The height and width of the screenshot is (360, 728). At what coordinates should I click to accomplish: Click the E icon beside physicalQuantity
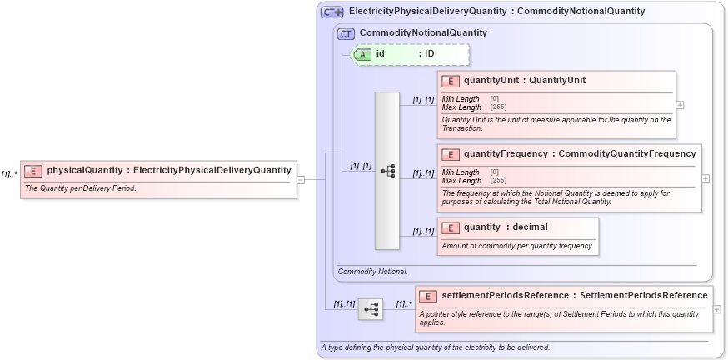[x=33, y=170]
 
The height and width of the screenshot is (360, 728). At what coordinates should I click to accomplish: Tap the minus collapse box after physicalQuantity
[x=301, y=179]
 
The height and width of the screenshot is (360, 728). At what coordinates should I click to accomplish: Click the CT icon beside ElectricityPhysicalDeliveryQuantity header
[x=332, y=12]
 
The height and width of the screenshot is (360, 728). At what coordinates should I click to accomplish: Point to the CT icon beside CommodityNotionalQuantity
[x=346, y=33]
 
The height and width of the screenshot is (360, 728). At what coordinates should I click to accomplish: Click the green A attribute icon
[x=363, y=54]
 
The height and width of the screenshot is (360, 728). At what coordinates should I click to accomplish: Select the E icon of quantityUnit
[x=450, y=81]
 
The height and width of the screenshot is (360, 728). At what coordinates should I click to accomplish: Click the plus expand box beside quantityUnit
[x=681, y=105]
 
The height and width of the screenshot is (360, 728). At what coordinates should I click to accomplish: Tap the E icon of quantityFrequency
[x=450, y=154]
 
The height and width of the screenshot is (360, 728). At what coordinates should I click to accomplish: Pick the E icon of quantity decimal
[x=450, y=227]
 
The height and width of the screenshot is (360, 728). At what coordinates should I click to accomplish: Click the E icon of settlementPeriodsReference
[x=427, y=295]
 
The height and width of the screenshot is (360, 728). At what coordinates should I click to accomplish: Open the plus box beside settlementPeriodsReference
[x=716, y=309]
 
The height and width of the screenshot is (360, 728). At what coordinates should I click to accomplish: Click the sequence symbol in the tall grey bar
[x=387, y=170]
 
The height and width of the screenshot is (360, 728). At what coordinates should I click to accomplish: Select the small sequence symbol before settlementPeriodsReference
[x=371, y=309]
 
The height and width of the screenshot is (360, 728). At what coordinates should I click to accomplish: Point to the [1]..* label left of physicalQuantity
[x=9, y=174]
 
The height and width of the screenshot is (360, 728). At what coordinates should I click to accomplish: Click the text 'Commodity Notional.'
[x=372, y=272]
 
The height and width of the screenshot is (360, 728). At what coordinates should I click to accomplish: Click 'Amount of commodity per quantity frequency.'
[x=517, y=245]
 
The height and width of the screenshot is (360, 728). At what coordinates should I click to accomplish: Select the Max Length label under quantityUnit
[x=461, y=107]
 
